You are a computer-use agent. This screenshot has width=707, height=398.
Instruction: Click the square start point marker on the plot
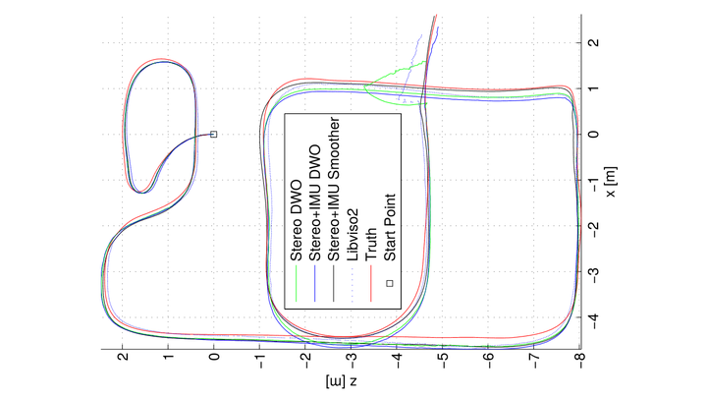click(214, 134)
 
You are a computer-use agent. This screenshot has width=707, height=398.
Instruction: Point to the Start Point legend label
click(390, 231)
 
